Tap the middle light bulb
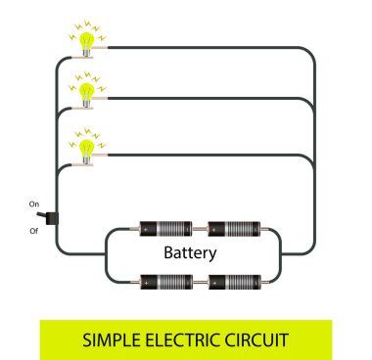(x=85, y=92)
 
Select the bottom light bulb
(x=85, y=147)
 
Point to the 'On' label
(x=33, y=203)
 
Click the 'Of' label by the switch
(x=33, y=232)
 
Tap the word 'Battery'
(x=192, y=252)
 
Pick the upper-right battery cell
(x=230, y=230)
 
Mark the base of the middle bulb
(x=86, y=106)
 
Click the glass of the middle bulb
(x=85, y=89)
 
